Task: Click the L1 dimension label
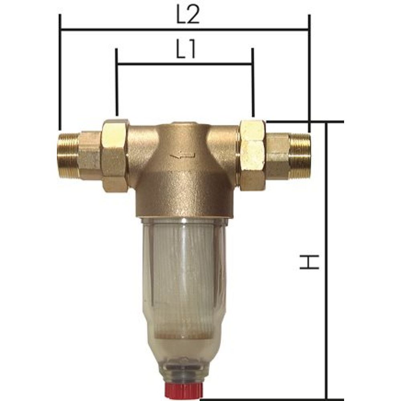(185, 51)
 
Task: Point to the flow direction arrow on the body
(182, 155)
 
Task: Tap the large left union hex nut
(114, 154)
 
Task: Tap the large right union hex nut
(252, 154)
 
